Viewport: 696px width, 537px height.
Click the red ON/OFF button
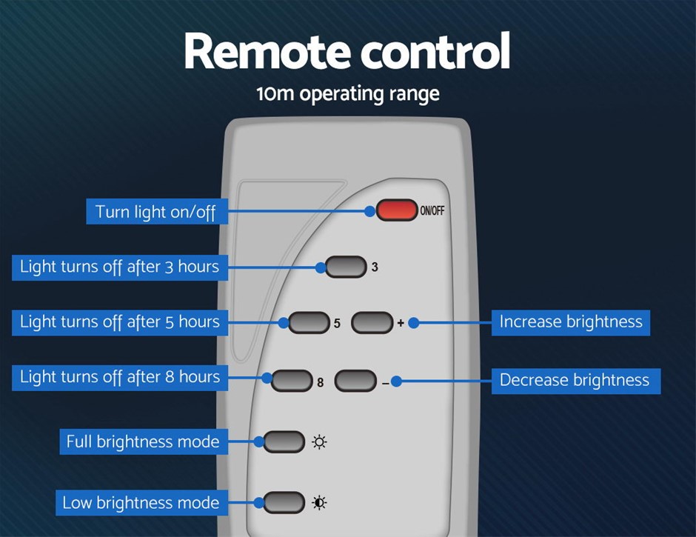click(397, 210)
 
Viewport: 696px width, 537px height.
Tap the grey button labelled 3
click(346, 267)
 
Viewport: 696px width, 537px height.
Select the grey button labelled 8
click(293, 381)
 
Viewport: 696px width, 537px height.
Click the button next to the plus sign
click(372, 322)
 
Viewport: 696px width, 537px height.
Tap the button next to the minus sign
click(356, 381)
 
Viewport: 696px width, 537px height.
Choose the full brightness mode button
click(284, 441)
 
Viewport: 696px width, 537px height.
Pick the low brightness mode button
click(284, 502)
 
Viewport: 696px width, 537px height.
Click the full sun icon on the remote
click(319, 442)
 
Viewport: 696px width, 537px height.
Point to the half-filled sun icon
click(319, 503)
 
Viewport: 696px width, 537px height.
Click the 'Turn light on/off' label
click(156, 212)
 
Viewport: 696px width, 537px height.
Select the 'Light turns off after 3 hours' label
click(119, 267)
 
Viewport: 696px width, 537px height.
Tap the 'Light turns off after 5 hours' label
click(119, 321)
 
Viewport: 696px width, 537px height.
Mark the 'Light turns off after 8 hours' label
click(119, 377)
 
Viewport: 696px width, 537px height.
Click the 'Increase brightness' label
click(571, 322)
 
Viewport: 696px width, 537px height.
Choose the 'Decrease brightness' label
click(575, 380)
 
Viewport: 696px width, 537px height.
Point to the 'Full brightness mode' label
click(142, 441)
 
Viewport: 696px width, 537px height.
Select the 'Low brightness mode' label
click(141, 503)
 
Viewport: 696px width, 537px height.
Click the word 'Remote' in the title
click(266, 52)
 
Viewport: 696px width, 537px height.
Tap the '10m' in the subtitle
click(272, 95)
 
